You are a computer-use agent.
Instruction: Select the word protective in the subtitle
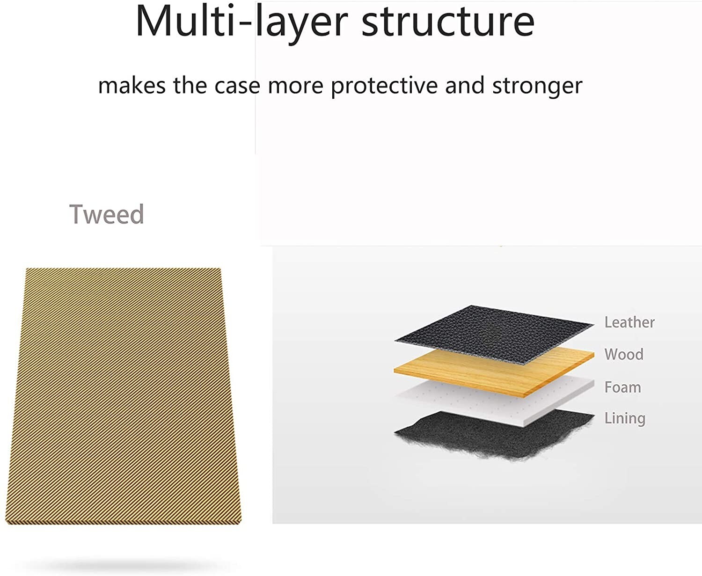384,86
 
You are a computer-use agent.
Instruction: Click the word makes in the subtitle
132,86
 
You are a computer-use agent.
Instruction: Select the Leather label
629,322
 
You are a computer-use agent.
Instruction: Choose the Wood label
624,354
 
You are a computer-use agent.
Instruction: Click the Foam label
622,387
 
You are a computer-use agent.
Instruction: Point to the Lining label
625,418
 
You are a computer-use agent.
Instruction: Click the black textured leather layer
494,335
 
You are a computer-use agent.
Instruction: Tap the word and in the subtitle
465,86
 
